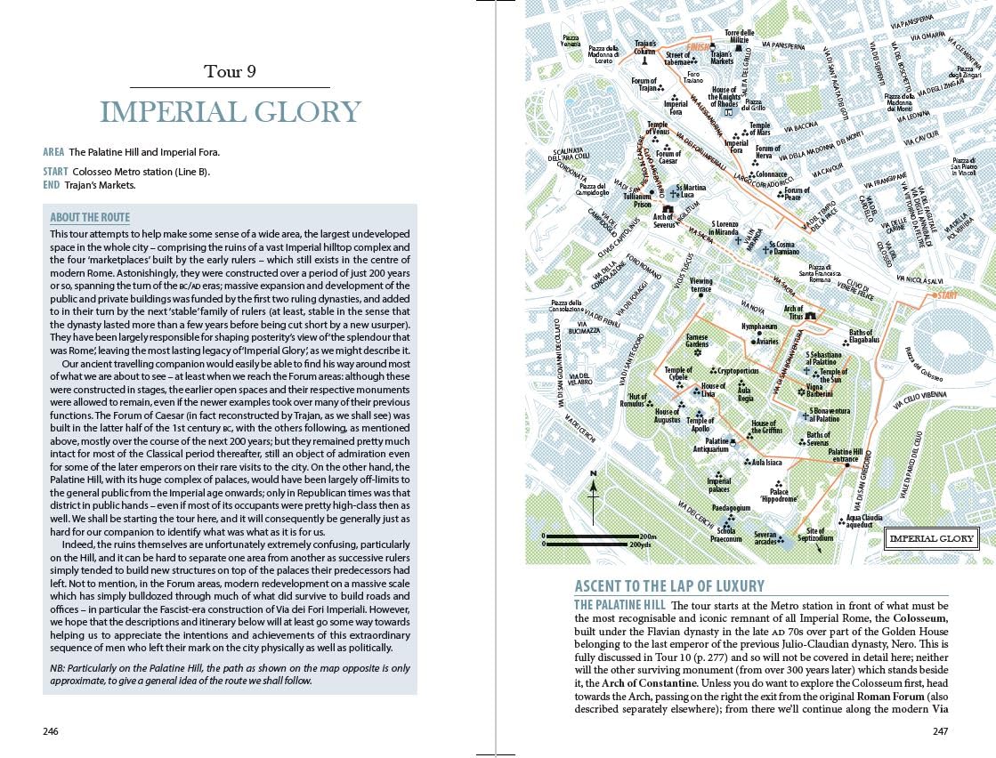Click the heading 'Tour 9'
click(x=230, y=71)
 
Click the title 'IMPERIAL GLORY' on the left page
click(x=230, y=113)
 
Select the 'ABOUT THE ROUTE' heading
click(x=90, y=217)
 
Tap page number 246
click(x=51, y=731)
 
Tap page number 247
click(x=940, y=731)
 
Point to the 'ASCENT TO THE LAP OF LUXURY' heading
click(x=669, y=585)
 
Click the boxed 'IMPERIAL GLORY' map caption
click(x=931, y=538)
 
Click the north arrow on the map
click(x=593, y=493)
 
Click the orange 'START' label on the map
click(x=946, y=295)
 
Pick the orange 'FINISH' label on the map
click(x=698, y=48)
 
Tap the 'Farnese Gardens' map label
click(x=697, y=341)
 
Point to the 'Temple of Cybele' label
click(x=678, y=374)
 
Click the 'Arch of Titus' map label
click(x=793, y=312)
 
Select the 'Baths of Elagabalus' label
click(x=863, y=336)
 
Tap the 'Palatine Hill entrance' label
click(x=845, y=456)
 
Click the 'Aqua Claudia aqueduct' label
click(x=864, y=520)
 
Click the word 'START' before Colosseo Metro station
click(x=55, y=171)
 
